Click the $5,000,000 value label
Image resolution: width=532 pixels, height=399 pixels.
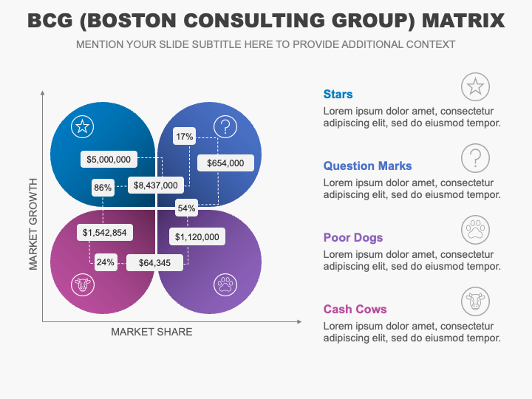pos(109,159)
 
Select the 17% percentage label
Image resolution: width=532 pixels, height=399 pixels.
pos(184,136)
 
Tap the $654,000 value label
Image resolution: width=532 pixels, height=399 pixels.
pos(225,163)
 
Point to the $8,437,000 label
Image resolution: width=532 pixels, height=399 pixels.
pos(155,185)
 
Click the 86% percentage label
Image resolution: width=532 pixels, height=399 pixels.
pos(103,188)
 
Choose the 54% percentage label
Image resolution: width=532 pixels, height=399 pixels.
pos(186,208)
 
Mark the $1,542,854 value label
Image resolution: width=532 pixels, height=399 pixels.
pos(105,233)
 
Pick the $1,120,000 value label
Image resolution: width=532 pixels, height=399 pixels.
pos(197,236)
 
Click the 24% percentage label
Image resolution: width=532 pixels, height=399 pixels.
pos(106,262)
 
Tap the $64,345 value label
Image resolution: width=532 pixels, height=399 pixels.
pos(154,262)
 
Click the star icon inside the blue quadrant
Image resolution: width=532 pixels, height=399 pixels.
pos(83,126)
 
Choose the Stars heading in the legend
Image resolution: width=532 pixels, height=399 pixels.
pos(338,94)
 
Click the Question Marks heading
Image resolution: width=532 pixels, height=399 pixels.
pos(368,166)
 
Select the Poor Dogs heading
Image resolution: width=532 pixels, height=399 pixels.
pos(353,237)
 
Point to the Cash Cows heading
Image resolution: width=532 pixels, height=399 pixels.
pos(355,309)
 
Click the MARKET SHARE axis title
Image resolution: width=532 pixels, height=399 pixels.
pos(151,332)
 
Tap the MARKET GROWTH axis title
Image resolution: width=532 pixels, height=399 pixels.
pos(33,223)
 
